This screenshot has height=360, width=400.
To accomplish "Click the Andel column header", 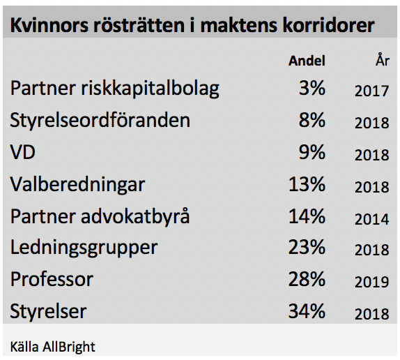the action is coord(307,61).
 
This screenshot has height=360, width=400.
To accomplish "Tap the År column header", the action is coord(383,59).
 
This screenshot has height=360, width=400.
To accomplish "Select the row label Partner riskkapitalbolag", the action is coord(114,89).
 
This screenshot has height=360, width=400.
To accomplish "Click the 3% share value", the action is coord(312,88).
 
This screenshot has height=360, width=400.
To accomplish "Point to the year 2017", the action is coord(372,91).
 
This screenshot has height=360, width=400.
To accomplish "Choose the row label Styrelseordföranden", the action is coord(100,120).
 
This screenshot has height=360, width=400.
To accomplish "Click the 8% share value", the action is coord(312,120).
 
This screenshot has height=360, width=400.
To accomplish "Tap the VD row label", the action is coord(22,152).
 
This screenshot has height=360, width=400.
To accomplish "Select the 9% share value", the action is coord(312,152).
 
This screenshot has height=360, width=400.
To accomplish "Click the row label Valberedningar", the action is coord(77,185).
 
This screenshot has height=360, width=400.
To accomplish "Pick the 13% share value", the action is coord(307,184).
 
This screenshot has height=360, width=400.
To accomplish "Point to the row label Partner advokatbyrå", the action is coord(100,217).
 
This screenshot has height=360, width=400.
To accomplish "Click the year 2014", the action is coord(372,219).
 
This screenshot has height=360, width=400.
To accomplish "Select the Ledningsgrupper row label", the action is coord(84,248).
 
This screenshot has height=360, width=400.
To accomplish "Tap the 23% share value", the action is coord(307,248).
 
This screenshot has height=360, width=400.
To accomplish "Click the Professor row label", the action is coord(52,279).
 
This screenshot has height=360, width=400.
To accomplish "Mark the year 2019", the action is coord(372,282).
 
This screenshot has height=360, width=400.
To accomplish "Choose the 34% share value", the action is coord(307,311).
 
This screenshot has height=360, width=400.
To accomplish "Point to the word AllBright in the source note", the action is coord(69,347).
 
